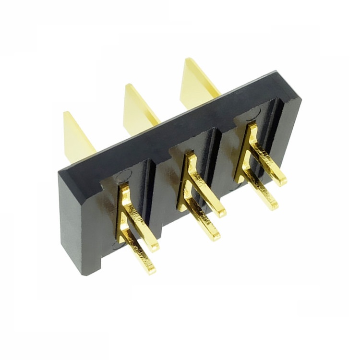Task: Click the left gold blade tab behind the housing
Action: point(77,137)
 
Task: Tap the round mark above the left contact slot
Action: point(123,175)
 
